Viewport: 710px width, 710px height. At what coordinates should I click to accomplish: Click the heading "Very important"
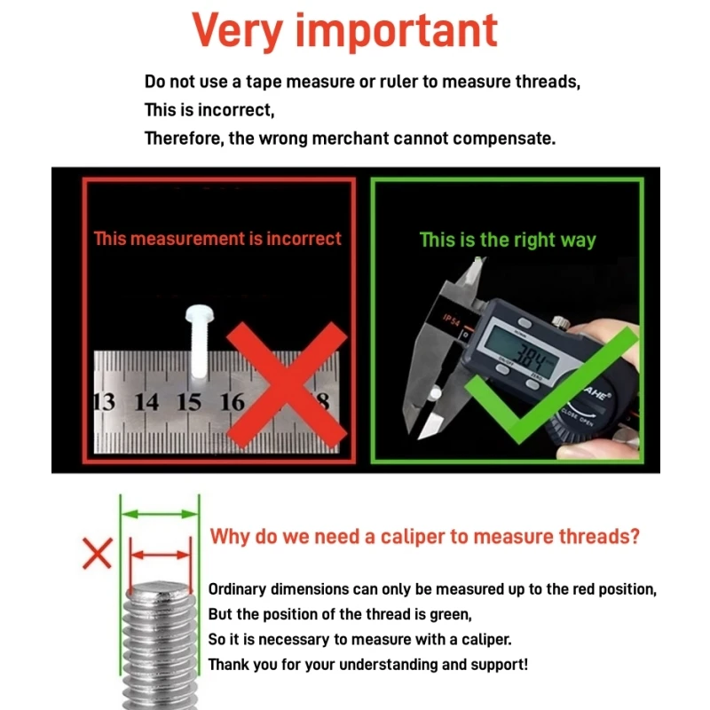tap(344, 32)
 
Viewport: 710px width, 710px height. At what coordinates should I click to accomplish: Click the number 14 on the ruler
tap(146, 402)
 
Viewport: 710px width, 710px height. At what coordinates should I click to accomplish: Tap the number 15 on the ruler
tap(189, 402)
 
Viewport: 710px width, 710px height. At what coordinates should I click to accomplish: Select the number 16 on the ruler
tap(233, 402)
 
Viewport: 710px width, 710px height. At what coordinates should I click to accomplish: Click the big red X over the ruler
tap(287, 385)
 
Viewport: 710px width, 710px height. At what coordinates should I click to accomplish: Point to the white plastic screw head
tap(199, 313)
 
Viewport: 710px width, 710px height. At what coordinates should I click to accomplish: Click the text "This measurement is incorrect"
tap(217, 239)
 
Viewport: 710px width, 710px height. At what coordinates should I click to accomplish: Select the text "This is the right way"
tap(508, 240)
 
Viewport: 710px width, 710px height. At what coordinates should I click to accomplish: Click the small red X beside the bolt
tap(98, 553)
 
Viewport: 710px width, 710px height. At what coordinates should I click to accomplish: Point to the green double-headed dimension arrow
tap(160, 514)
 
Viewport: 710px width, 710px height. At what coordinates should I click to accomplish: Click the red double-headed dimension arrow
tap(161, 555)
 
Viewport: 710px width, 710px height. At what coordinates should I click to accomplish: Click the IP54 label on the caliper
tap(451, 320)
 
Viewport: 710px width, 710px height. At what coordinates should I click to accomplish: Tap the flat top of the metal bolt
tap(160, 588)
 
